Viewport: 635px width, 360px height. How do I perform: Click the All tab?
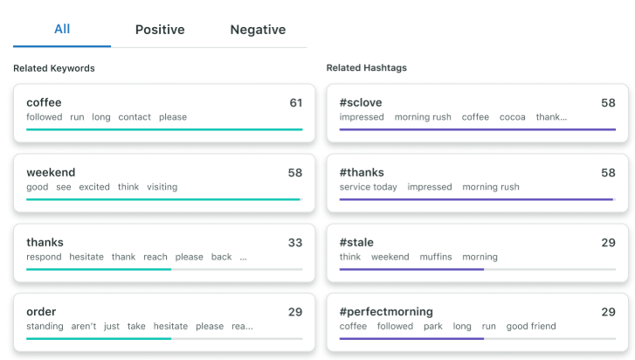click(x=62, y=29)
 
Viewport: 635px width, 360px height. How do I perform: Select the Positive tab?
click(x=160, y=30)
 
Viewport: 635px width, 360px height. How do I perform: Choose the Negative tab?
click(x=258, y=30)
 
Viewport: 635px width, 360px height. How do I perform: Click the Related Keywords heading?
click(x=54, y=68)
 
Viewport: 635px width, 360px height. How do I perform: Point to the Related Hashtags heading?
click(x=366, y=68)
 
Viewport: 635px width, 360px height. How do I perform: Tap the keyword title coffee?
click(x=44, y=102)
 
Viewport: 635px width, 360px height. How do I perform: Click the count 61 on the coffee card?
click(x=296, y=102)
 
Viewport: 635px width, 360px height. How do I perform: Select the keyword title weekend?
click(x=51, y=172)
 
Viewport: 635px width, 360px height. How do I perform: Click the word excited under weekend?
click(x=93, y=187)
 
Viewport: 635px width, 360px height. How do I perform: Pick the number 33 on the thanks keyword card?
click(x=295, y=242)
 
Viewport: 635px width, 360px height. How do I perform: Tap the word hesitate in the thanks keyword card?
click(x=86, y=257)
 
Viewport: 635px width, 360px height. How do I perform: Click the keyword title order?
click(x=42, y=312)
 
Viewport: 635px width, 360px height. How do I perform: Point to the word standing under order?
click(x=45, y=327)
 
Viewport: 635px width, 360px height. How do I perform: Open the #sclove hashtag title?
click(x=362, y=102)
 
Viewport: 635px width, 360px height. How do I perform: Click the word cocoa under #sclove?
click(x=512, y=117)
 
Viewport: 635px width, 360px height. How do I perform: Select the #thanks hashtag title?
click(x=362, y=172)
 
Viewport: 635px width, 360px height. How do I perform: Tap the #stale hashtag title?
click(x=358, y=242)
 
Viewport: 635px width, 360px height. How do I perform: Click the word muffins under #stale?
click(x=436, y=257)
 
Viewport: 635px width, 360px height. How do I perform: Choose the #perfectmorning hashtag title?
click(x=386, y=312)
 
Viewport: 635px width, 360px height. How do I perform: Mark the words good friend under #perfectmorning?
click(x=531, y=327)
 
